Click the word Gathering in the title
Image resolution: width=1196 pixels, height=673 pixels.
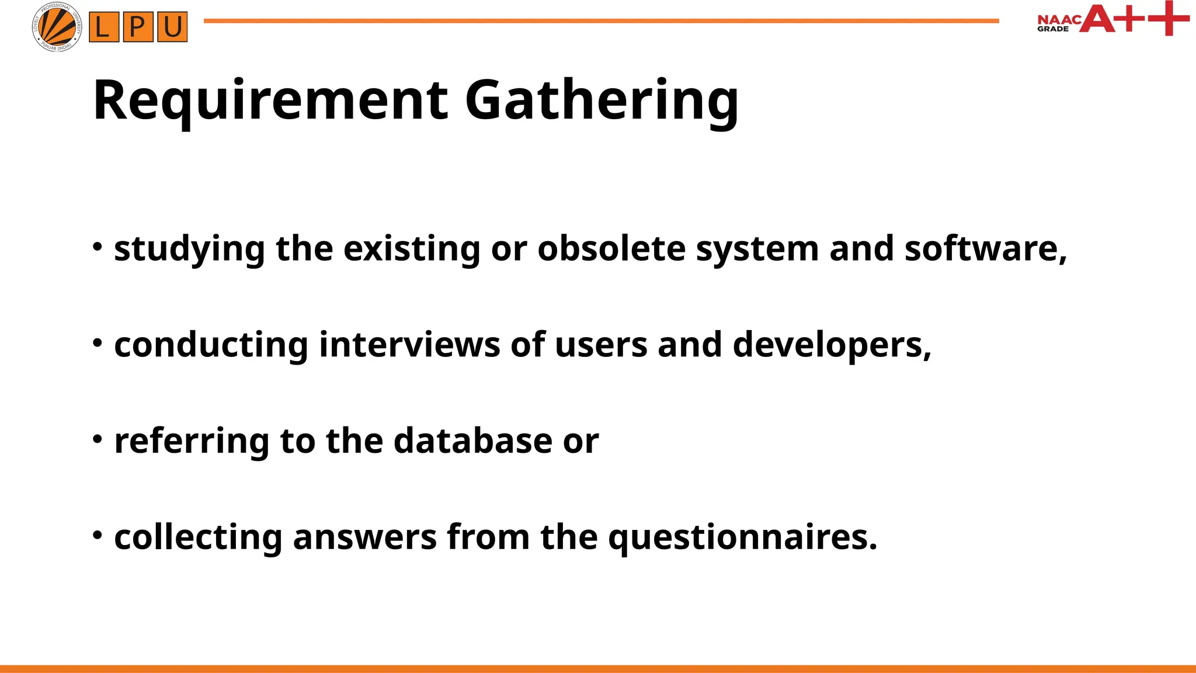click(x=602, y=100)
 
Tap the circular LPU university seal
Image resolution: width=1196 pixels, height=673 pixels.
click(x=57, y=27)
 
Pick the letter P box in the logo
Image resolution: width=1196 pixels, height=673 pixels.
click(x=138, y=27)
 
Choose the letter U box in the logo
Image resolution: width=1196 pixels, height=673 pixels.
click(x=172, y=27)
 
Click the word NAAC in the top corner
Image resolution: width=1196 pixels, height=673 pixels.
click(x=1059, y=20)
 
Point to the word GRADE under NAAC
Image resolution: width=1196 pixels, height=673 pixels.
click(x=1052, y=29)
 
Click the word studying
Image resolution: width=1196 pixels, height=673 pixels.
click(x=189, y=249)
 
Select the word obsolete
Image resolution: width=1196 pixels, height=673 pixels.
click(x=611, y=249)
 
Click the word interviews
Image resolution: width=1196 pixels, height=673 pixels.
click(x=409, y=345)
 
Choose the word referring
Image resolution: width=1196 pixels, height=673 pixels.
click(x=192, y=440)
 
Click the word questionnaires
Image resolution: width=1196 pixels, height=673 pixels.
click(x=742, y=537)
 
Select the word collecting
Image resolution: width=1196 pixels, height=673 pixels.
click(x=198, y=537)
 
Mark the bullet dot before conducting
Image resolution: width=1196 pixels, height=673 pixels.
click(x=98, y=342)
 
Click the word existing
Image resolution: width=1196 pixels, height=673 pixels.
click(x=412, y=249)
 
